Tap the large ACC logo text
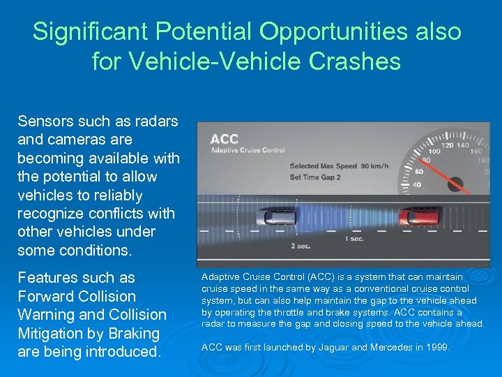coord(225,139)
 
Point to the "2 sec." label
coord(301,246)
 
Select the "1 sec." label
coord(353,239)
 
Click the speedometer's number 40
coord(418,184)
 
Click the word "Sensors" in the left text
coord(44,121)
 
